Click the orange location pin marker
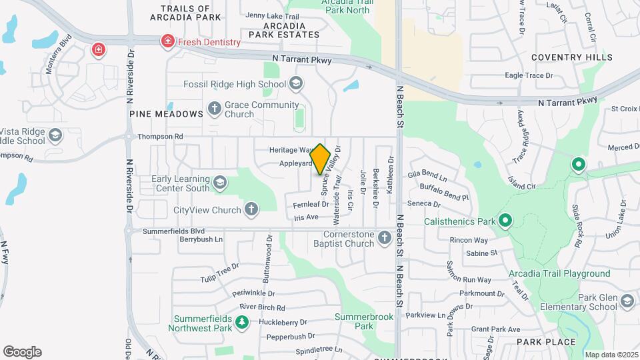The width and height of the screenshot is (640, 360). click(321, 159)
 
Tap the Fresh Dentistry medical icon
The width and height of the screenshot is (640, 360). click(167, 42)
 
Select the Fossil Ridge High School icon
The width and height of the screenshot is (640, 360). click(297, 84)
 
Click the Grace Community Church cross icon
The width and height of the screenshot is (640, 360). click(215, 107)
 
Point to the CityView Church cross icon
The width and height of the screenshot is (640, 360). click(251, 210)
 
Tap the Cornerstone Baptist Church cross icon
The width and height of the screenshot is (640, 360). click(384, 238)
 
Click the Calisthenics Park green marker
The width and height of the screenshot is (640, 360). click(505, 221)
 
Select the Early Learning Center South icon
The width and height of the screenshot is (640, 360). click(219, 182)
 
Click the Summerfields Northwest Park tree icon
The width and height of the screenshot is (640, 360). click(242, 323)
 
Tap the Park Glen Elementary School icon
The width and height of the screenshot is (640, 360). click(627, 302)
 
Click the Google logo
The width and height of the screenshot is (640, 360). click(22, 351)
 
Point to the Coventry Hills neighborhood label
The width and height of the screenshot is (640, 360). click(571, 58)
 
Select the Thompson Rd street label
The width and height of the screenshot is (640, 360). click(160, 137)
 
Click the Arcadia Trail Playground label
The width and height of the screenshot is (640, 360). click(559, 273)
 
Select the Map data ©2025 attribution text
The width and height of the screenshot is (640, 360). click(611, 355)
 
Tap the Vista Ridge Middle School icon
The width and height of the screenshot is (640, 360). click(55, 137)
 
